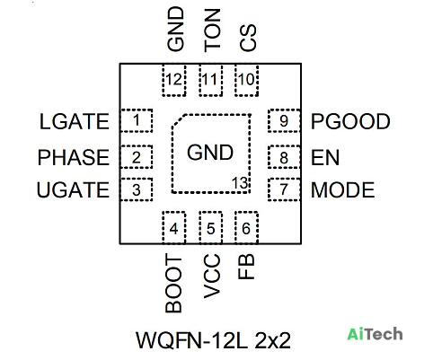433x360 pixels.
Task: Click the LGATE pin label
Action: click(x=75, y=121)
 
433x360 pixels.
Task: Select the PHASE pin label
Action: click(x=74, y=157)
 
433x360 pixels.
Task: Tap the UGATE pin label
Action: click(x=73, y=189)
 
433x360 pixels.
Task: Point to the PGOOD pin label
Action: click(x=350, y=121)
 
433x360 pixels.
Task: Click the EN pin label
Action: click(x=325, y=157)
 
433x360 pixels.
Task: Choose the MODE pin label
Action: click(x=343, y=189)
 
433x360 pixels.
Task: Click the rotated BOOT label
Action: click(x=173, y=284)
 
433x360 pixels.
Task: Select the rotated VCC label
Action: click(x=212, y=277)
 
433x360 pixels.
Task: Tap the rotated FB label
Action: click(x=246, y=267)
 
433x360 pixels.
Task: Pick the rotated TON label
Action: click(x=212, y=31)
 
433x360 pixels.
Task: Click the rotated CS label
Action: click(x=248, y=38)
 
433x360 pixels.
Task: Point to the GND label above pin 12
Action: click(x=175, y=29)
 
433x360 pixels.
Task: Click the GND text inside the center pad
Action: click(x=210, y=153)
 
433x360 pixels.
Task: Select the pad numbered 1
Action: click(x=137, y=120)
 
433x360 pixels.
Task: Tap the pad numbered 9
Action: click(x=284, y=120)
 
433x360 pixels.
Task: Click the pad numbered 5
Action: click(x=211, y=228)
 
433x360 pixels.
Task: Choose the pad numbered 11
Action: click(x=211, y=80)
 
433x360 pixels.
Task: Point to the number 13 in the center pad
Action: click(x=240, y=183)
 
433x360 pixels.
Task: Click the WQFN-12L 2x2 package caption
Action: click(x=214, y=340)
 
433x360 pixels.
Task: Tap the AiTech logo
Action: click(x=375, y=334)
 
